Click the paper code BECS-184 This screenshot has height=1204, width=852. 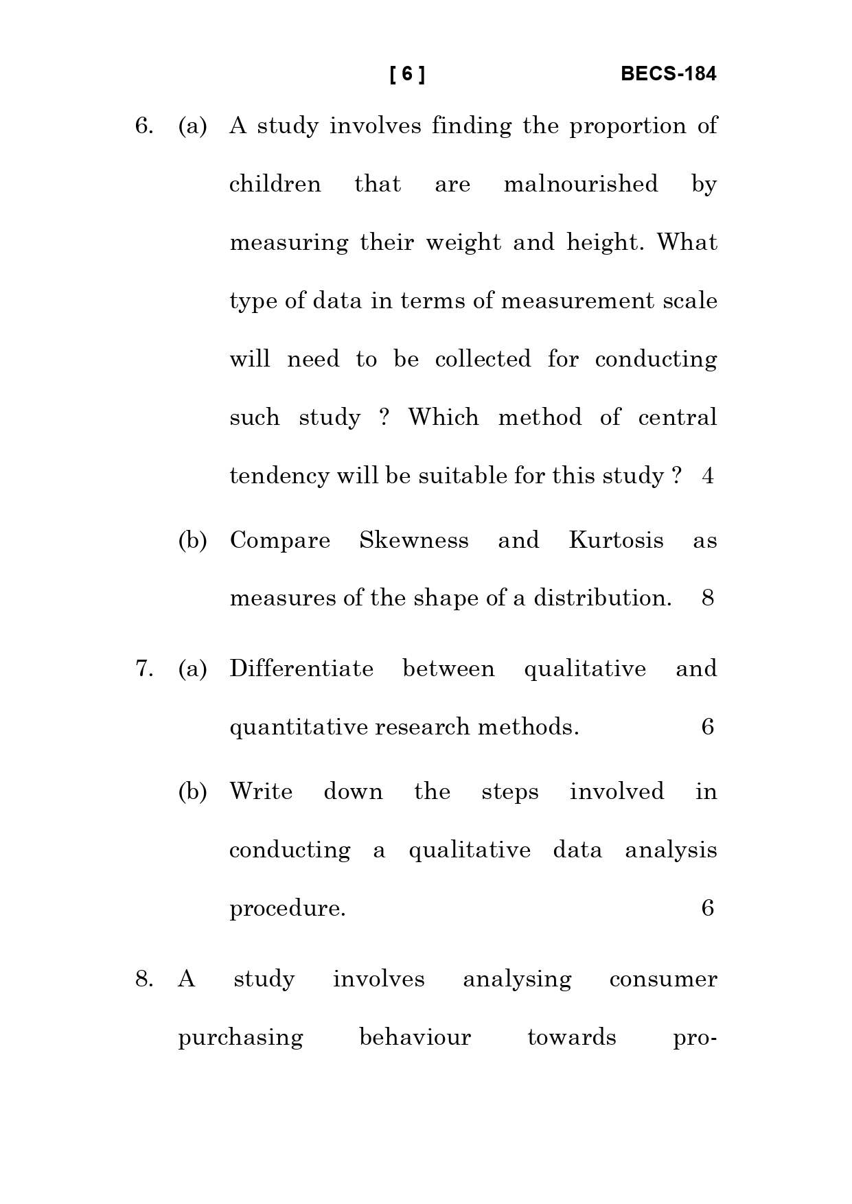tap(668, 74)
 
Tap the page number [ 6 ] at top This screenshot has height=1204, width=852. tap(407, 74)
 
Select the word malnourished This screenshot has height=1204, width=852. tap(581, 184)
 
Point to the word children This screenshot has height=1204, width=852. tap(275, 184)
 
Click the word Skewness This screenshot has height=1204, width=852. tap(414, 540)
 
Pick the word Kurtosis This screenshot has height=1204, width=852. tap(616, 540)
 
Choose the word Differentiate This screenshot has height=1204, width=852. tap(301, 669)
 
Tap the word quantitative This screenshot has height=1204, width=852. tap(299, 728)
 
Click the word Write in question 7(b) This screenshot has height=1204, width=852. tap(261, 791)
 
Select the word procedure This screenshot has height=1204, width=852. tap(287, 909)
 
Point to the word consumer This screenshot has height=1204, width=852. tap(663, 979)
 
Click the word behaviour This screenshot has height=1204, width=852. tap(415, 1037)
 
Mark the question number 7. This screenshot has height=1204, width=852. tap(143, 669)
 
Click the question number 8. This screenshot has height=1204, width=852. tap(143, 979)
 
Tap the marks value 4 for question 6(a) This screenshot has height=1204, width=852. tap(708, 476)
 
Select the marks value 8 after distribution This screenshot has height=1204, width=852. tap(708, 599)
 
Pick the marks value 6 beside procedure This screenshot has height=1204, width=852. tap(708, 909)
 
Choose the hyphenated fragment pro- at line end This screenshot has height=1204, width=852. tap(695, 1037)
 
